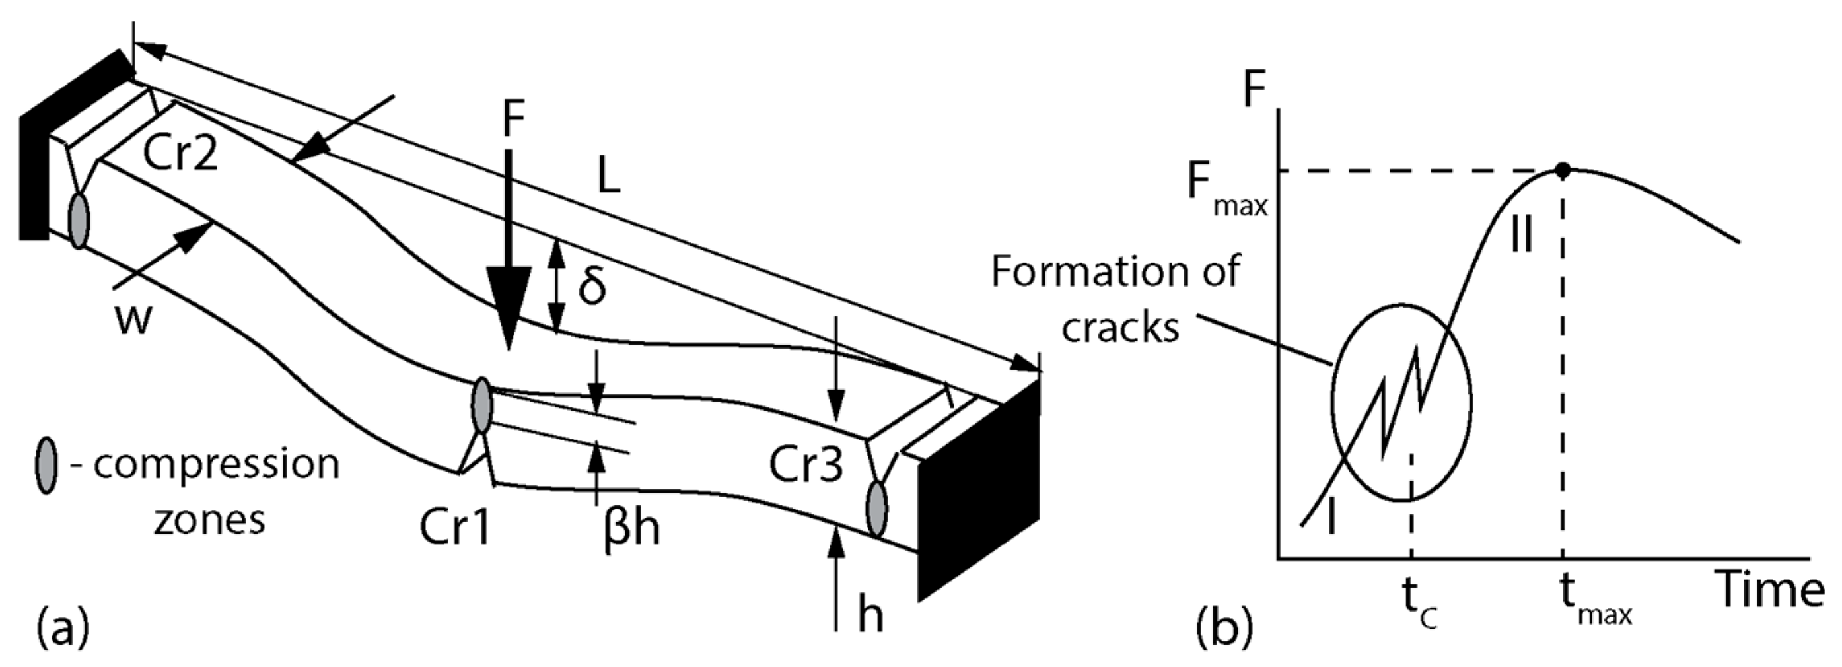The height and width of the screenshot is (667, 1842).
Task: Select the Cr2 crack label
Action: (180, 153)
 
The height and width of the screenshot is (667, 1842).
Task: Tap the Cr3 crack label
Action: (806, 466)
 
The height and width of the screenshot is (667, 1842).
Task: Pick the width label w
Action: (133, 320)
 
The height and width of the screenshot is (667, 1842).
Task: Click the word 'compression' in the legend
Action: (217, 465)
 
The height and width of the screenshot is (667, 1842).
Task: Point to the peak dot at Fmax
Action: (1563, 170)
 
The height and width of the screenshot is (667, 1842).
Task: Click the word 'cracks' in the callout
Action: (1119, 329)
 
